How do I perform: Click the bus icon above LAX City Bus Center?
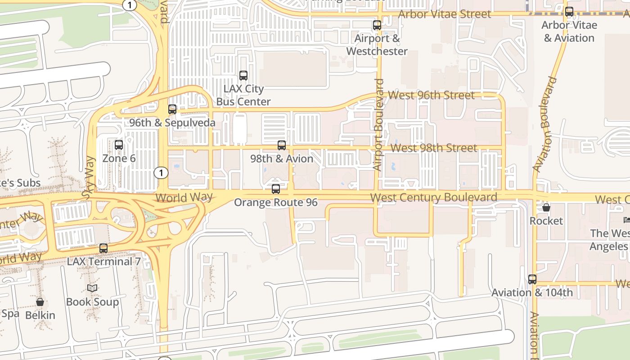coord(243,76)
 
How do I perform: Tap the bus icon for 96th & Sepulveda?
coord(172,109)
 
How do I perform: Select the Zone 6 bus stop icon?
coord(119,145)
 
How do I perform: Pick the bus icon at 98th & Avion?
coord(282,145)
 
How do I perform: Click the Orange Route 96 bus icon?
coord(276,189)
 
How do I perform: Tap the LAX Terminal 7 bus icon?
coord(103,248)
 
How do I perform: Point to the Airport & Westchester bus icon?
coord(377,25)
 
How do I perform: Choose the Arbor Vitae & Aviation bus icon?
coord(569,12)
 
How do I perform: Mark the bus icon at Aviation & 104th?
coord(532,279)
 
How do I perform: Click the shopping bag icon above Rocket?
coord(546,207)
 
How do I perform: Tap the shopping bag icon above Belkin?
coord(40,302)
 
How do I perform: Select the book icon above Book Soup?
coord(92,288)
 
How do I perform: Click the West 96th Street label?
coord(431,95)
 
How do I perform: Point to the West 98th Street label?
coord(434,148)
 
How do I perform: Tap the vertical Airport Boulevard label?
coord(378,125)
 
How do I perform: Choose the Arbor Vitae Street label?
coord(445,14)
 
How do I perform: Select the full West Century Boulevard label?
coord(433,197)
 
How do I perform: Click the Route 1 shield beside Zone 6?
coord(161,172)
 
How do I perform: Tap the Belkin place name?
coord(40,315)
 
